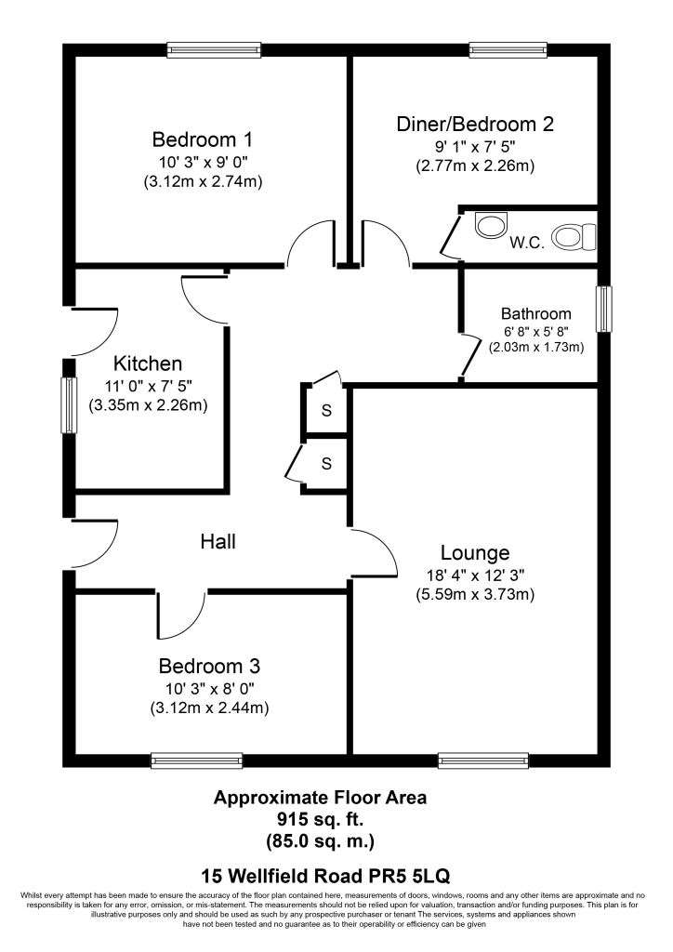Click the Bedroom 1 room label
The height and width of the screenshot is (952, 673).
pyautogui.click(x=202, y=140)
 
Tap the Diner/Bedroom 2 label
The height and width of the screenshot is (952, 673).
pyautogui.click(x=475, y=124)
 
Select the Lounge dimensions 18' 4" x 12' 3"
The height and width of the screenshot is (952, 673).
pyautogui.click(x=475, y=575)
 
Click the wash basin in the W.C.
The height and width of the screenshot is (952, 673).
pyautogui.click(x=490, y=224)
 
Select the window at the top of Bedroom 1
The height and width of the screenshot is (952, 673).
pyautogui.click(x=212, y=50)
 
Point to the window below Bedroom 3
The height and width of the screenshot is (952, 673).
pyautogui.click(x=197, y=760)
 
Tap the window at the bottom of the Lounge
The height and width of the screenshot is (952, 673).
pyautogui.click(x=484, y=760)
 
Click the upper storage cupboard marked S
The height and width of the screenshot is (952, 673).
pyautogui.click(x=326, y=411)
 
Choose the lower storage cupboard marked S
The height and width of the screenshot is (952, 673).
pyautogui.click(x=326, y=462)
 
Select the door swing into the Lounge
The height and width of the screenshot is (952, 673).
pyautogui.click(x=374, y=554)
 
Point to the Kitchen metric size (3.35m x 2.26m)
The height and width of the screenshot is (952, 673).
pyautogui.click(x=147, y=405)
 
